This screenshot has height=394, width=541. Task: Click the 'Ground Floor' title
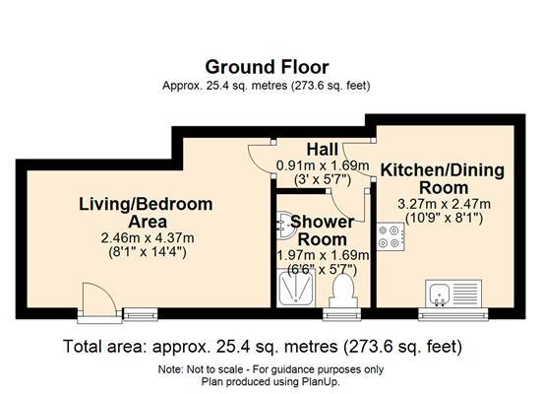point(266,66)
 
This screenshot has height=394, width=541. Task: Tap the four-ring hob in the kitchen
point(390,234)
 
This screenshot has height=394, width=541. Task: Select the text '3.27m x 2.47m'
point(443,204)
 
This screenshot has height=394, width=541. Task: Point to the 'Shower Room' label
point(322,230)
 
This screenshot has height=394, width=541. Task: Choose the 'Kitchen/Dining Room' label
point(443,178)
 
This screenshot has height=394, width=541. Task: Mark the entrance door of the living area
point(95,301)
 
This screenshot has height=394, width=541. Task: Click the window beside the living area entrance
point(136,315)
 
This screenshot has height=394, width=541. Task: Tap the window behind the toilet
point(342,315)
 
